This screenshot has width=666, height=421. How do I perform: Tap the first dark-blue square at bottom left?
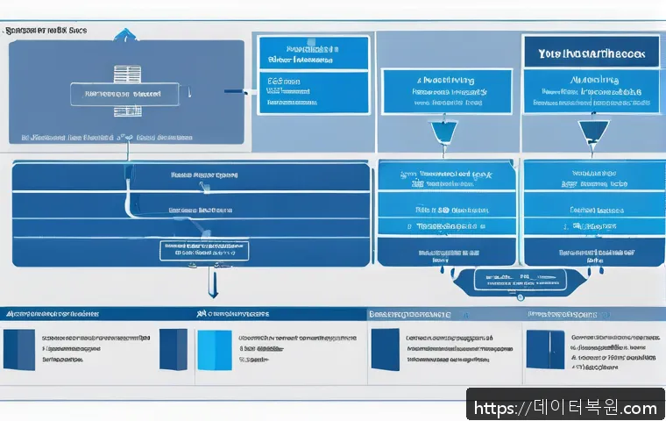click(18, 349)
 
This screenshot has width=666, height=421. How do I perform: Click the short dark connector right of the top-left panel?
click(234, 90)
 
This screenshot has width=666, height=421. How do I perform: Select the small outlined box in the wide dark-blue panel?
click(204, 251)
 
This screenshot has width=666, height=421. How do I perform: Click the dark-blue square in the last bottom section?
click(543, 348)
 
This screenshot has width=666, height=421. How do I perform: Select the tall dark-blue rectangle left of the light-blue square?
click(173, 349)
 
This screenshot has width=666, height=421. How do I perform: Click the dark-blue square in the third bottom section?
click(385, 349)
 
